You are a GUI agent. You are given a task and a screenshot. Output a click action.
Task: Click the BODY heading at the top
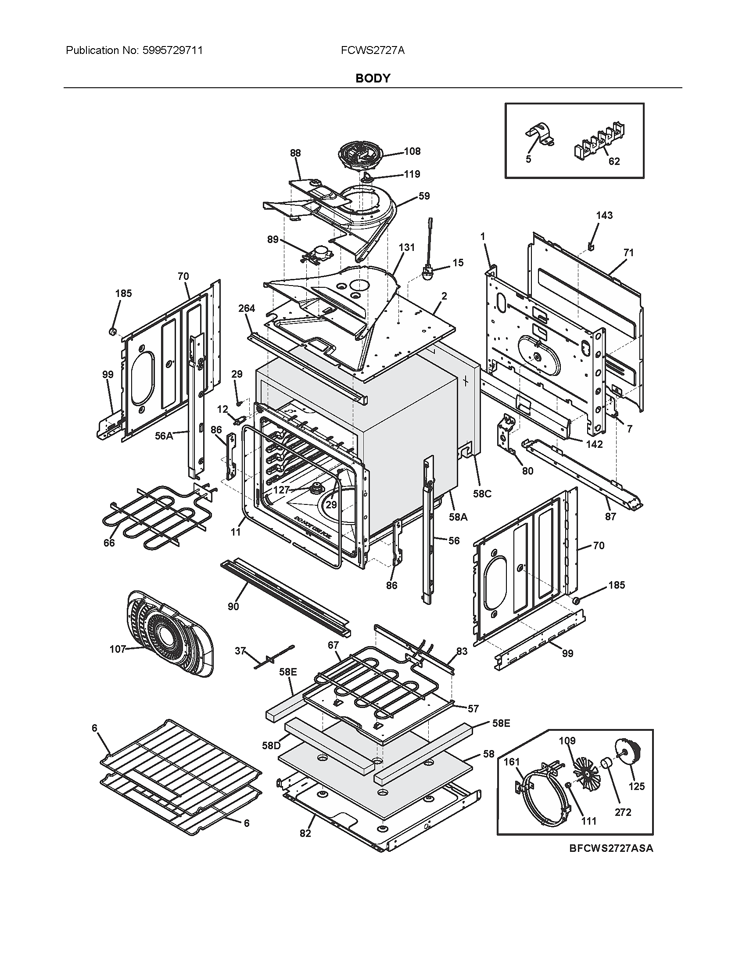pyautogui.click(x=373, y=78)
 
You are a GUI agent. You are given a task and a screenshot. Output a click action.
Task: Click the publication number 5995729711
pyautogui.click(x=172, y=50)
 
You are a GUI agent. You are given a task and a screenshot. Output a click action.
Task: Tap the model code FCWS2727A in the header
pyautogui.click(x=373, y=50)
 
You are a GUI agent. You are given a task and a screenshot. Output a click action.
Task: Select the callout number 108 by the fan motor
pyautogui.click(x=412, y=151)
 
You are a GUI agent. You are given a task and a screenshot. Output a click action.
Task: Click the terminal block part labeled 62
pyautogui.click(x=601, y=139)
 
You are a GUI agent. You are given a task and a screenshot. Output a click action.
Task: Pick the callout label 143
pyautogui.click(x=604, y=215)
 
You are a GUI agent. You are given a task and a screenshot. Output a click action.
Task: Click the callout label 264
pyautogui.click(x=246, y=308)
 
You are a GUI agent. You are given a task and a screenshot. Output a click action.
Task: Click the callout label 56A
pyautogui.click(x=164, y=436)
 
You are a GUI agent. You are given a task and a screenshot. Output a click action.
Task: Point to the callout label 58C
pyautogui.click(x=482, y=493)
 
